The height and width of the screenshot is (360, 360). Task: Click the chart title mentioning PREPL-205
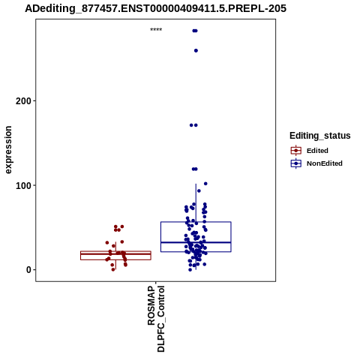pyautogui.click(x=155, y=9)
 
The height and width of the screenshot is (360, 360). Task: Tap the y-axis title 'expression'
pyautogui.click(x=8, y=150)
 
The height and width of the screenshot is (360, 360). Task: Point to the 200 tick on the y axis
pyautogui.click(x=34, y=101)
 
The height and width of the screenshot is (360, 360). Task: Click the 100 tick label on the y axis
pyautogui.click(x=23, y=185)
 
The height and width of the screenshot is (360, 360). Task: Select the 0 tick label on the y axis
pyautogui.click(x=28, y=270)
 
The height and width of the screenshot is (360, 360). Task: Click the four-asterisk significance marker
pyautogui.click(x=156, y=30)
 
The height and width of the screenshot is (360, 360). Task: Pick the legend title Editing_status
pyautogui.click(x=320, y=136)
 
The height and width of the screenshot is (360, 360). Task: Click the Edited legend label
pyautogui.click(x=317, y=151)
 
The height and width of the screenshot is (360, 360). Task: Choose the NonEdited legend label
pyautogui.click(x=325, y=163)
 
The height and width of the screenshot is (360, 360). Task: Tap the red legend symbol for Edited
pyautogui.click(x=296, y=151)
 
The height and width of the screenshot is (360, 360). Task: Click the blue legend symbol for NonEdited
pyautogui.click(x=296, y=163)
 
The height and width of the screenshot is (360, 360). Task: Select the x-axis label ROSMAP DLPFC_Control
pyautogui.click(x=156, y=319)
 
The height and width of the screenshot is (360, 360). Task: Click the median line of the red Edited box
pyautogui.click(x=115, y=254)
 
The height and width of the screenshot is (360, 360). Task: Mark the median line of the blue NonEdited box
pyautogui.click(x=196, y=242)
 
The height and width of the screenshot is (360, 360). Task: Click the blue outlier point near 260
pyautogui.click(x=196, y=51)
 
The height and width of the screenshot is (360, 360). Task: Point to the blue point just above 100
pyautogui.click(x=205, y=184)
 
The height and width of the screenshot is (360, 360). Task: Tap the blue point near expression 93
pyautogui.click(x=199, y=191)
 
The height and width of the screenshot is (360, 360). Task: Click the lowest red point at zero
pyautogui.click(x=113, y=269)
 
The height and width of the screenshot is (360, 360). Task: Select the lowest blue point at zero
pyautogui.click(x=190, y=270)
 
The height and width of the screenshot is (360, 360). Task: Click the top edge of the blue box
pyautogui.click(x=196, y=222)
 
